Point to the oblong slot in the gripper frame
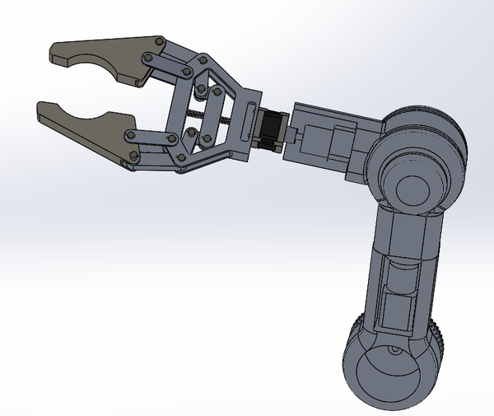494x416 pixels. (249, 119)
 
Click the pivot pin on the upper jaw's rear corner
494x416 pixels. (157, 41)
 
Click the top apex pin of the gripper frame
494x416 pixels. (201, 59)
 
